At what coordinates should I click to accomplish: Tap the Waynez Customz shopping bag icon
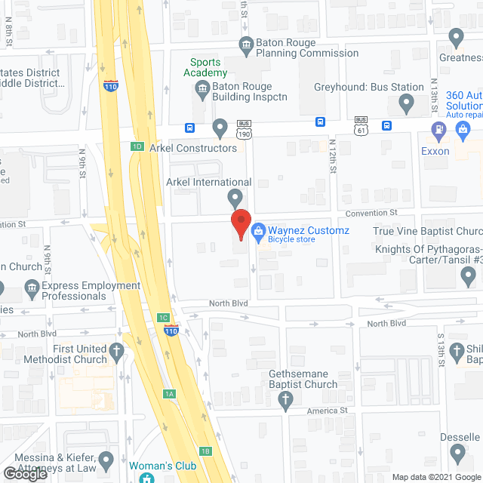pyautogui.click(x=257, y=229)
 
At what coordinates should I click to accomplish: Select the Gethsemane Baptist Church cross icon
pyautogui.click(x=285, y=401)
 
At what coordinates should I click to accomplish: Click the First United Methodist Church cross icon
pyautogui.click(x=115, y=350)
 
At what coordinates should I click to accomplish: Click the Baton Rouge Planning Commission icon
pyautogui.click(x=246, y=45)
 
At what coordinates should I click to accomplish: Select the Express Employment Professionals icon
pyautogui.click(x=32, y=288)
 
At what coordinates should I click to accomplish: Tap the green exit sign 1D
pyautogui.click(x=137, y=146)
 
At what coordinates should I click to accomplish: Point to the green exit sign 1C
pyautogui.click(x=163, y=318)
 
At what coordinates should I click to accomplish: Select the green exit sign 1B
pyautogui.click(x=205, y=451)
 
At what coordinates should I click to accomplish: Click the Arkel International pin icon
pyautogui.click(x=235, y=198)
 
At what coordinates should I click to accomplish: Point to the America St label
pyautogui.click(x=331, y=411)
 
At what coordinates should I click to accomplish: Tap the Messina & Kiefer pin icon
pyautogui.click(x=106, y=459)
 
